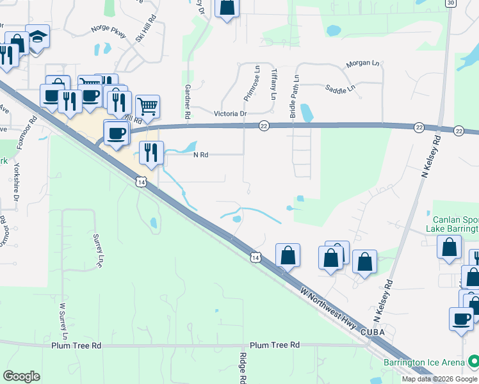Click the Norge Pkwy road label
(109, 28)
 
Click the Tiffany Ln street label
(273, 84)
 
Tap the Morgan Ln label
(362, 64)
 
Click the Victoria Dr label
(231, 114)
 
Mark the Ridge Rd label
(243, 368)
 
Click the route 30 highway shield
(451, 3)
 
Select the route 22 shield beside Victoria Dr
(264, 126)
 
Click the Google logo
(22, 376)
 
